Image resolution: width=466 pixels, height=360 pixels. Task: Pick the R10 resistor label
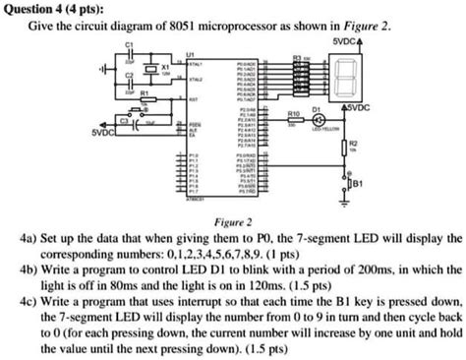coord(292,114)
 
